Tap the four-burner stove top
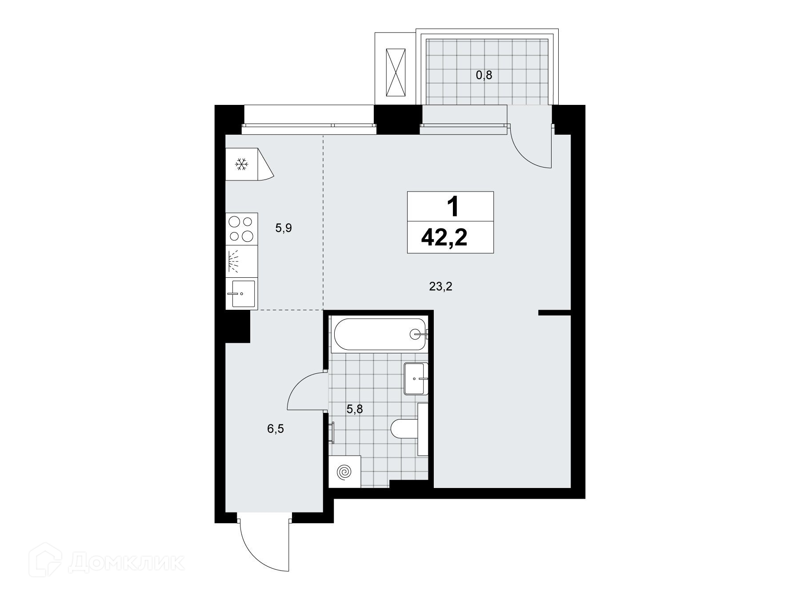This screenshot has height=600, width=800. click(241, 229)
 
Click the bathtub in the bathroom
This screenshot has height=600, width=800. click(380, 334)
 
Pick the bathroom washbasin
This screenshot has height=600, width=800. click(416, 378)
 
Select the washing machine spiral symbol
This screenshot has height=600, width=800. click(344, 472)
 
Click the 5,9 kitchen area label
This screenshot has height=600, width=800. click(284, 229)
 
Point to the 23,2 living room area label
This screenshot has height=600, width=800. click(440, 287)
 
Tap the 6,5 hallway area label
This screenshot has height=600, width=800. click(276, 429)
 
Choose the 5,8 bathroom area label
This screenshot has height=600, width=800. click(355, 409)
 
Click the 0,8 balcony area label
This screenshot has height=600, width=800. click(484, 75)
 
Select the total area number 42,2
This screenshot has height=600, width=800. click(444, 238)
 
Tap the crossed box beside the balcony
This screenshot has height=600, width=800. click(396, 72)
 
